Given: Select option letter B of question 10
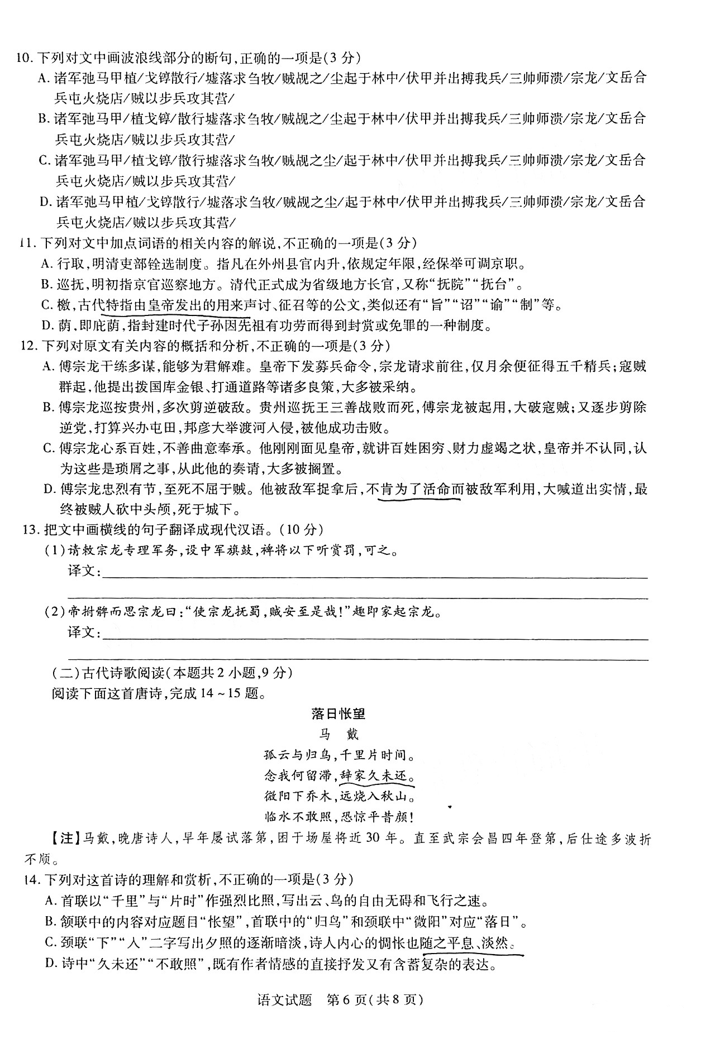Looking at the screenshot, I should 44,119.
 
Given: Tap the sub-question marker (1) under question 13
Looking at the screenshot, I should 55,551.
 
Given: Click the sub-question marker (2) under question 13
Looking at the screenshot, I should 55,612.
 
